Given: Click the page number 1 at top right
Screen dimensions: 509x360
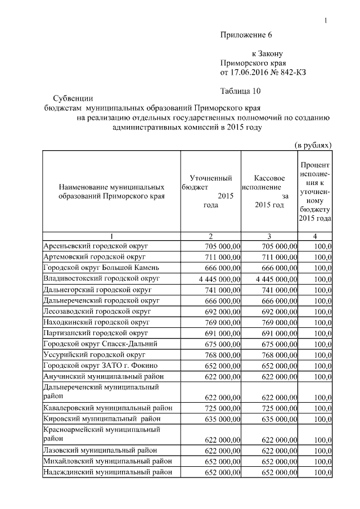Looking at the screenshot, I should (x=326, y=21).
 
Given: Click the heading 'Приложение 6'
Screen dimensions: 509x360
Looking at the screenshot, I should (x=245, y=35).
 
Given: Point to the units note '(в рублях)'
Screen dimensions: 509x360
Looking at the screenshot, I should (x=313, y=145).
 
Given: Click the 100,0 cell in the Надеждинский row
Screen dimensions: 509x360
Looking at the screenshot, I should (x=322, y=472).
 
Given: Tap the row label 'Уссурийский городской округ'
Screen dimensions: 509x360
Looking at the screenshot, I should (x=94, y=355).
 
